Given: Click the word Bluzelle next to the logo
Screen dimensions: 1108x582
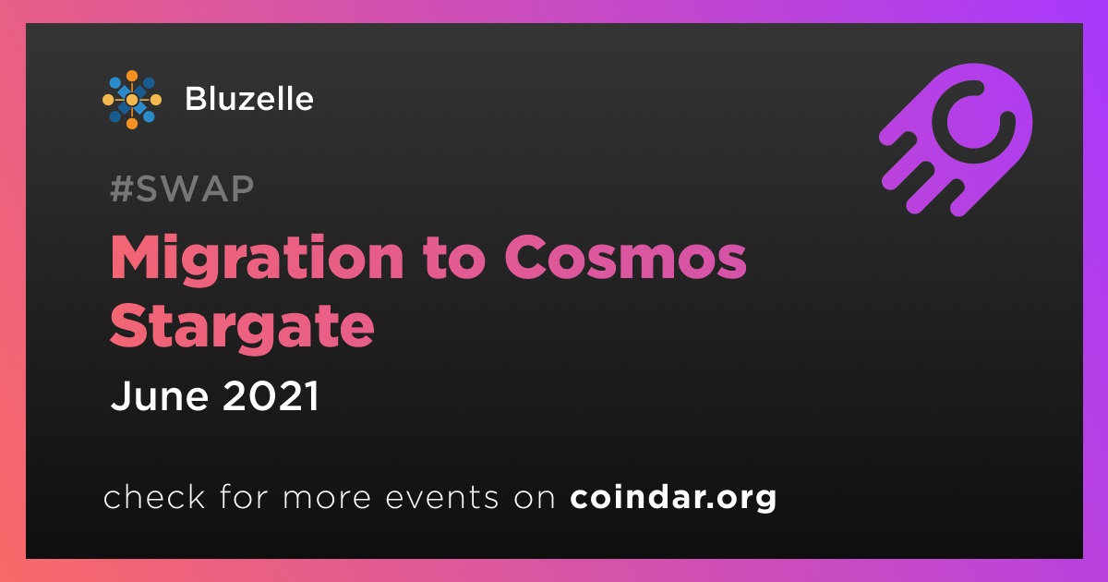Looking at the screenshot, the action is click(249, 99).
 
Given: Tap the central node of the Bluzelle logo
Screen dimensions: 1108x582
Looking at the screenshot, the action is click(132, 100).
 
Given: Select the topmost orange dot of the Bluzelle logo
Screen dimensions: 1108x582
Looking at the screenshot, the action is click(132, 76).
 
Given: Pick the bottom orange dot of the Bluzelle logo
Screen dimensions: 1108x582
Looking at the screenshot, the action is click(132, 124).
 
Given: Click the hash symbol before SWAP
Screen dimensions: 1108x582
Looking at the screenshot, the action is click(121, 188).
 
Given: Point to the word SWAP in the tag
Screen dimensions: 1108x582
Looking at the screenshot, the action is click(195, 188).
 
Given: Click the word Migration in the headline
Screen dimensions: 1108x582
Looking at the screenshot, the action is click(257, 259).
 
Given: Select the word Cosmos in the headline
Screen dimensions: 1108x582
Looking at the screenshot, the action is click(625, 259).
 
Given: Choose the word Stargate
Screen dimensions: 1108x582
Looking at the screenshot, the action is click(242, 327).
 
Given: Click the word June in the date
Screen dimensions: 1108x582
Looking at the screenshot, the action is click(160, 396).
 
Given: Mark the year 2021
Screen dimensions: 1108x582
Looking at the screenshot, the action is click(271, 396).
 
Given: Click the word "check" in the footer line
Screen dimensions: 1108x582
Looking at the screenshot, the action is click(154, 497).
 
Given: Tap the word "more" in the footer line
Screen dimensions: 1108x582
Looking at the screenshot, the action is click(327, 498).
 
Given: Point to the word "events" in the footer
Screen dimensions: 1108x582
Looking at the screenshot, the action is click(442, 498).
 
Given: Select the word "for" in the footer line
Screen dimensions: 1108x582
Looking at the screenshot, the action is click(244, 497).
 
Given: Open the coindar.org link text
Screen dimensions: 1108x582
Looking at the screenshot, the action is click(673, 498).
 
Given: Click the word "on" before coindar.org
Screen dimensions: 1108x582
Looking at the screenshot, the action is click(535, 499).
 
